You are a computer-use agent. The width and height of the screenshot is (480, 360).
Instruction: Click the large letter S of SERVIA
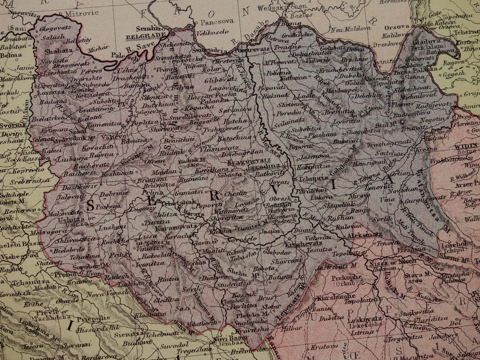pyautogui.click(x=91, y=205)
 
